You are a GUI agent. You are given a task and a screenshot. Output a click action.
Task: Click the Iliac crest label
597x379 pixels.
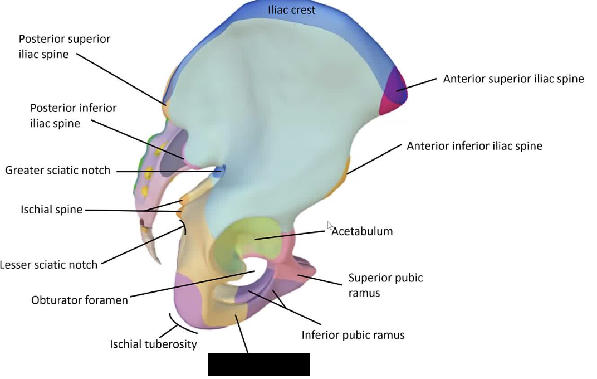tap(292, 10)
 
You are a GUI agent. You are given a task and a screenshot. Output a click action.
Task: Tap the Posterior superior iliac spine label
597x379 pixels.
tap(65, 46)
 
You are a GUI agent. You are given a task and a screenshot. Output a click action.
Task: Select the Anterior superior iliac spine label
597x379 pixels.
tap(513, 79)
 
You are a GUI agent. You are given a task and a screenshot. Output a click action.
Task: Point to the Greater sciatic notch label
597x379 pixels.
tap(57, 170)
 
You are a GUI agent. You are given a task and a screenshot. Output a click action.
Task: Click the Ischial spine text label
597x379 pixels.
tap(51, 210)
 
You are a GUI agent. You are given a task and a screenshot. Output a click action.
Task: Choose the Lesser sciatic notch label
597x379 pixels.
tap(48, 264)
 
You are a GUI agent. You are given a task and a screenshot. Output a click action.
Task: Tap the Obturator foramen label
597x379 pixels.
tap(79, 300)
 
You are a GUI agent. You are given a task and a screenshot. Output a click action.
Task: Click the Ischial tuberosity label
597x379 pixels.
tap(154, 344)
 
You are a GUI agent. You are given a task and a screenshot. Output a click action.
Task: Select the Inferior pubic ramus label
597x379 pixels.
tap(353, 335)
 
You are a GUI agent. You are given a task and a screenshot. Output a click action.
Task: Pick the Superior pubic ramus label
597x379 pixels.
tap(385, 285)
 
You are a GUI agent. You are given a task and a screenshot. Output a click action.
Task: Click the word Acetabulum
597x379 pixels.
tap(361, 231)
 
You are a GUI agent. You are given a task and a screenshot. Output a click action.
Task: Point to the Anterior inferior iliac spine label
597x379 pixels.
tap(474, 146)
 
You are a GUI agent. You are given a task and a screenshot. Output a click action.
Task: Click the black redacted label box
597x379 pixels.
tap(259, 365)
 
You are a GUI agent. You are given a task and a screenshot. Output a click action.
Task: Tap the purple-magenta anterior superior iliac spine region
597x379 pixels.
tap(394, 91)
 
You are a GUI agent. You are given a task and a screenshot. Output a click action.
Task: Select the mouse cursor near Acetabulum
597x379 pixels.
tap(330, 226)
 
